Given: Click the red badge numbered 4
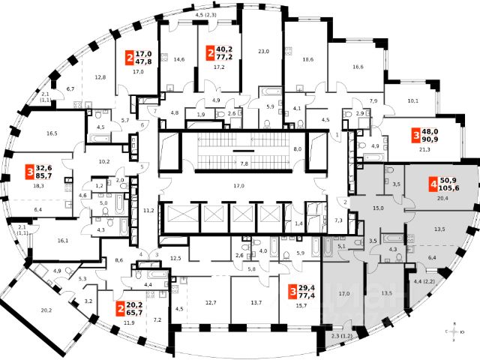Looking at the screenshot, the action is coord(433,184).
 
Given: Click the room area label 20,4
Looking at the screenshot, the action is coord(442,199).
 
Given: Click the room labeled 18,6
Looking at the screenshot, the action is coord(307,58).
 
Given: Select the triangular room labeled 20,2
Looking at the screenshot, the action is coord(47,309).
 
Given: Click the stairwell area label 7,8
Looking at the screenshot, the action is coord(244,163).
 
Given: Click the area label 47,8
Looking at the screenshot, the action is coord(142,62).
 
